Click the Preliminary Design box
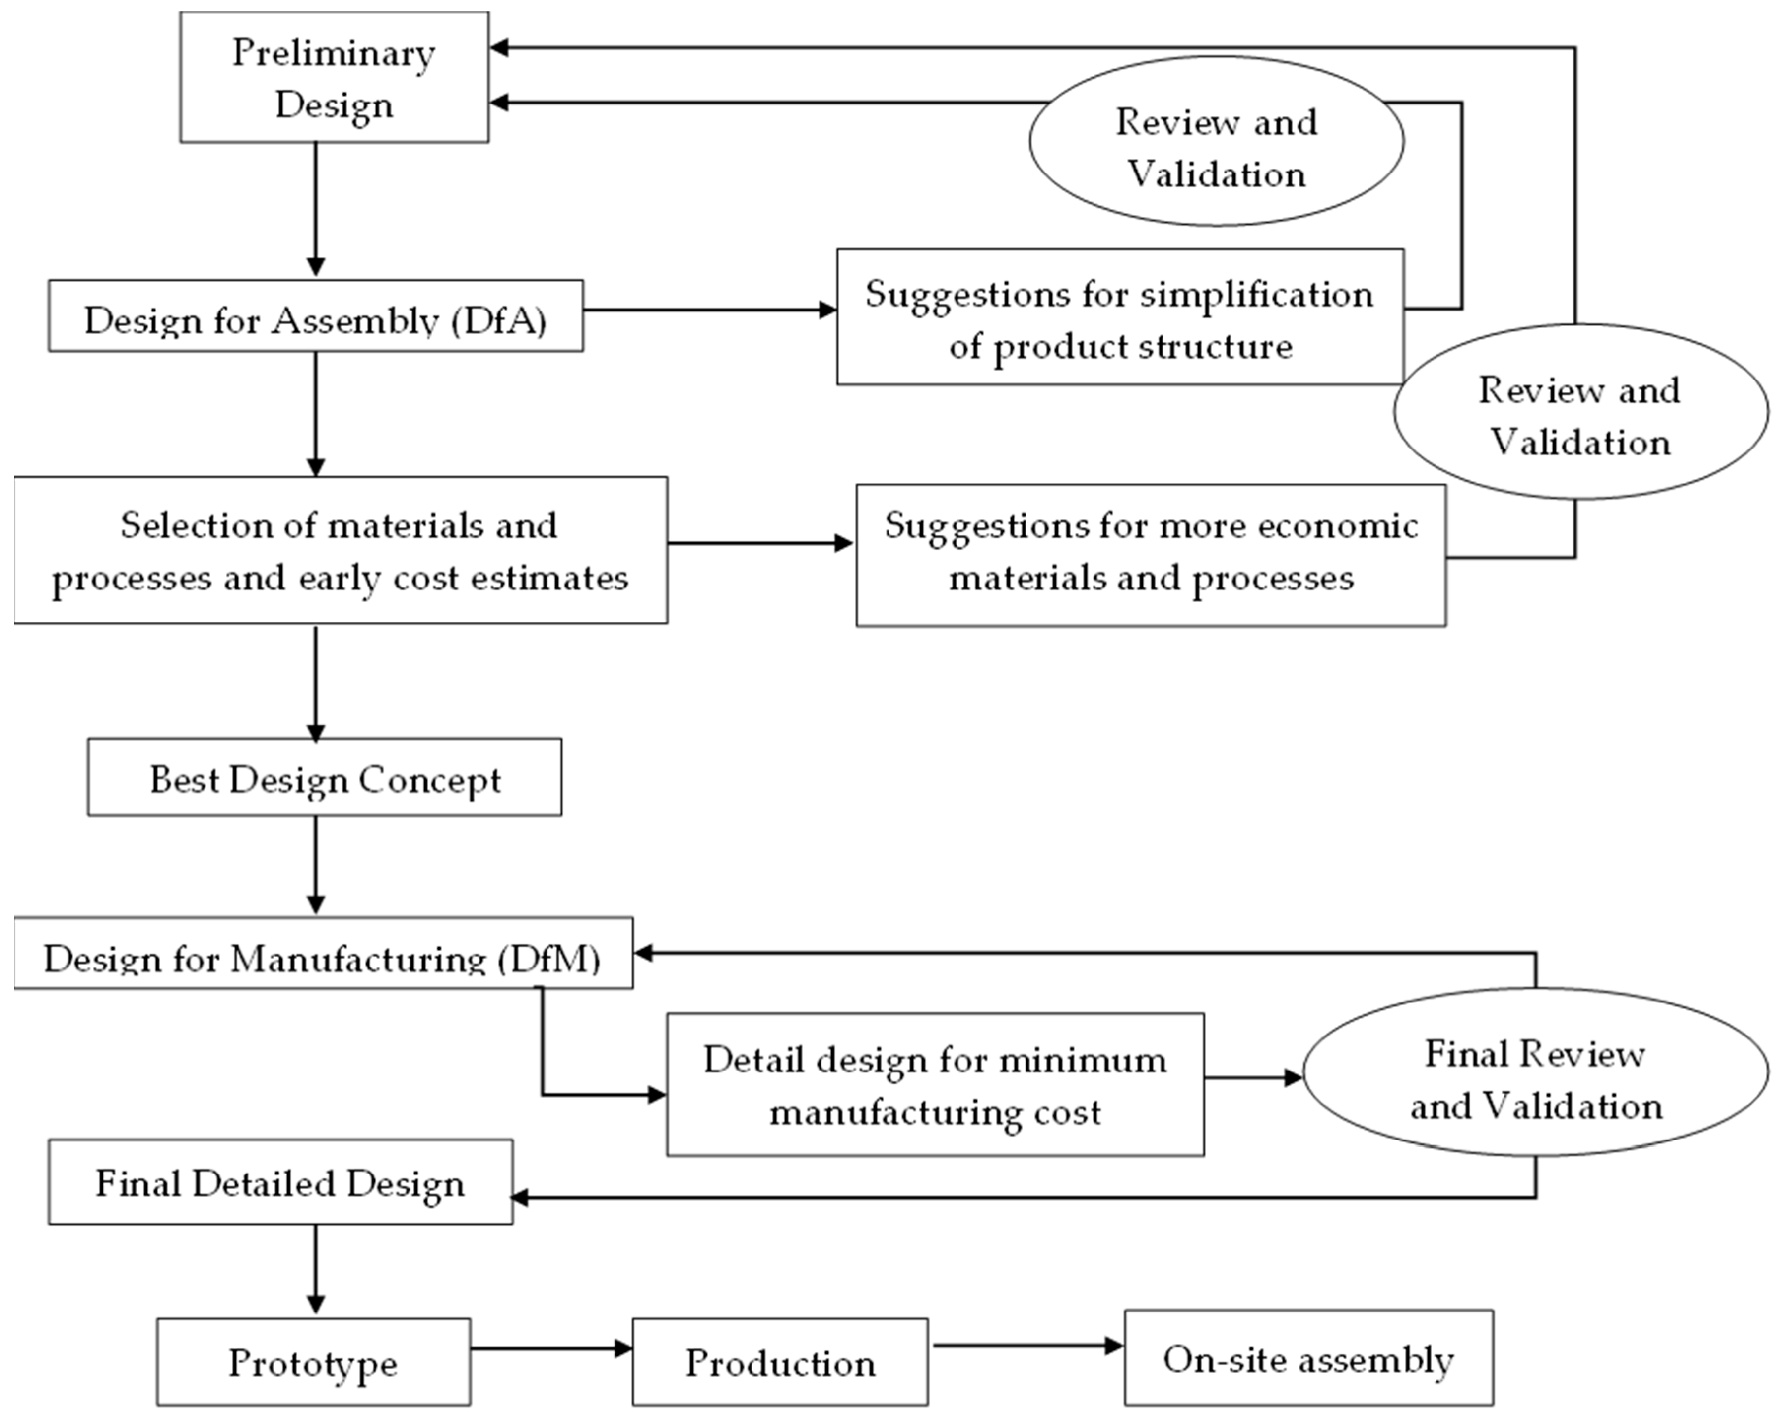[334, 77]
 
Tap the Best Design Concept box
[324, 778]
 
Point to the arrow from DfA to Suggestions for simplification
[709, 310]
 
